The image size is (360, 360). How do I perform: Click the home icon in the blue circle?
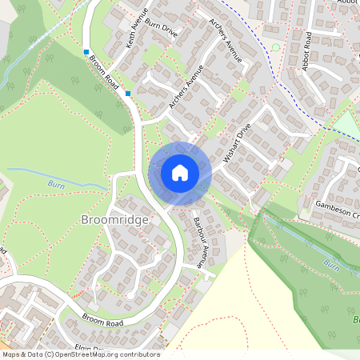point(180,172)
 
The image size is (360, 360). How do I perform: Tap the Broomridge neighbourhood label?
point(115,218)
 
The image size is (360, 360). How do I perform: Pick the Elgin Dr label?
point(90,349)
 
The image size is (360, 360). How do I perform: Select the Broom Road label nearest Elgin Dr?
point(103,319)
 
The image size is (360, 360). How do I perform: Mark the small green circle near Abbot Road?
point(276,47)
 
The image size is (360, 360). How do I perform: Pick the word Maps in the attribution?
point(11,354)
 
